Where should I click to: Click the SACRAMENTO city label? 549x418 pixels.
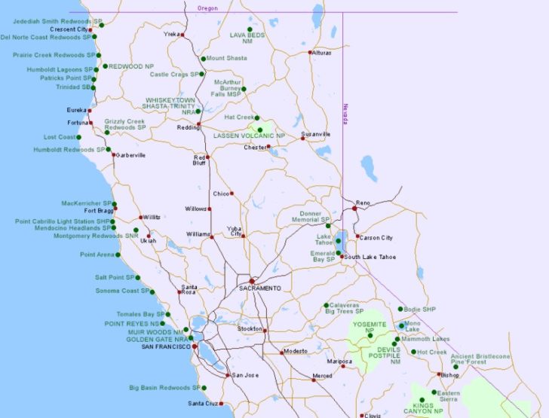click(259, 288)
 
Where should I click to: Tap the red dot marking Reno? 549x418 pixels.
click(354, 209)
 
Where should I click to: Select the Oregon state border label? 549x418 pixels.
click(207, 7)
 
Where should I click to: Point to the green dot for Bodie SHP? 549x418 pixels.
click(400, 309)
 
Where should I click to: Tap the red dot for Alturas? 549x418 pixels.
click(311, 53)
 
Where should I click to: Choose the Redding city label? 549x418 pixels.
click(188, 128)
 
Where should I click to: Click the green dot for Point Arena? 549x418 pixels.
click(120, 255)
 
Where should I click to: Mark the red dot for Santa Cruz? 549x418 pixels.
click(222, 404)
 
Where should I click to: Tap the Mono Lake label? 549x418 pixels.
click(413, 327)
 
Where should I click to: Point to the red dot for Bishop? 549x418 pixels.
click(440, 374)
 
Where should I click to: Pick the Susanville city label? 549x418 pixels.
click(316, 134)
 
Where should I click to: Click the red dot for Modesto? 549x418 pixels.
click(282, 352)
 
